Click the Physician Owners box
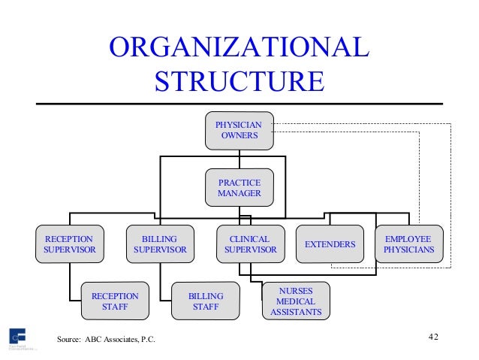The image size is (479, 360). coord(239,130)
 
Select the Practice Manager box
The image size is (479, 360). coord(239,188)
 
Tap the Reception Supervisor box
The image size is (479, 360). coord(69,244)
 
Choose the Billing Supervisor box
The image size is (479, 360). coord(159,244)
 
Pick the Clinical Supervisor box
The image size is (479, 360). coord(251,244)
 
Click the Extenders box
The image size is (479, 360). coord(330,245)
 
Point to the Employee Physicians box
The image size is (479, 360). coord(408,244)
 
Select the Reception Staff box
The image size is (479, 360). coord(115,302)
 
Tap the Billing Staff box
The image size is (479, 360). coord(205,302)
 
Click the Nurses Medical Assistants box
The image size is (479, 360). coord(296,301)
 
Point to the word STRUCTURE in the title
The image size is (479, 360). coord(239,80)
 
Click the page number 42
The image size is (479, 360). coord(433,335)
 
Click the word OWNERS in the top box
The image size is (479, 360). coord(239,136)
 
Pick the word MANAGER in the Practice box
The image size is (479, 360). coord(239,194)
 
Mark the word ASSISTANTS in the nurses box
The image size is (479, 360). coord(296,312)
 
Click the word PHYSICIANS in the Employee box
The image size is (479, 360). coord(408,250)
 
